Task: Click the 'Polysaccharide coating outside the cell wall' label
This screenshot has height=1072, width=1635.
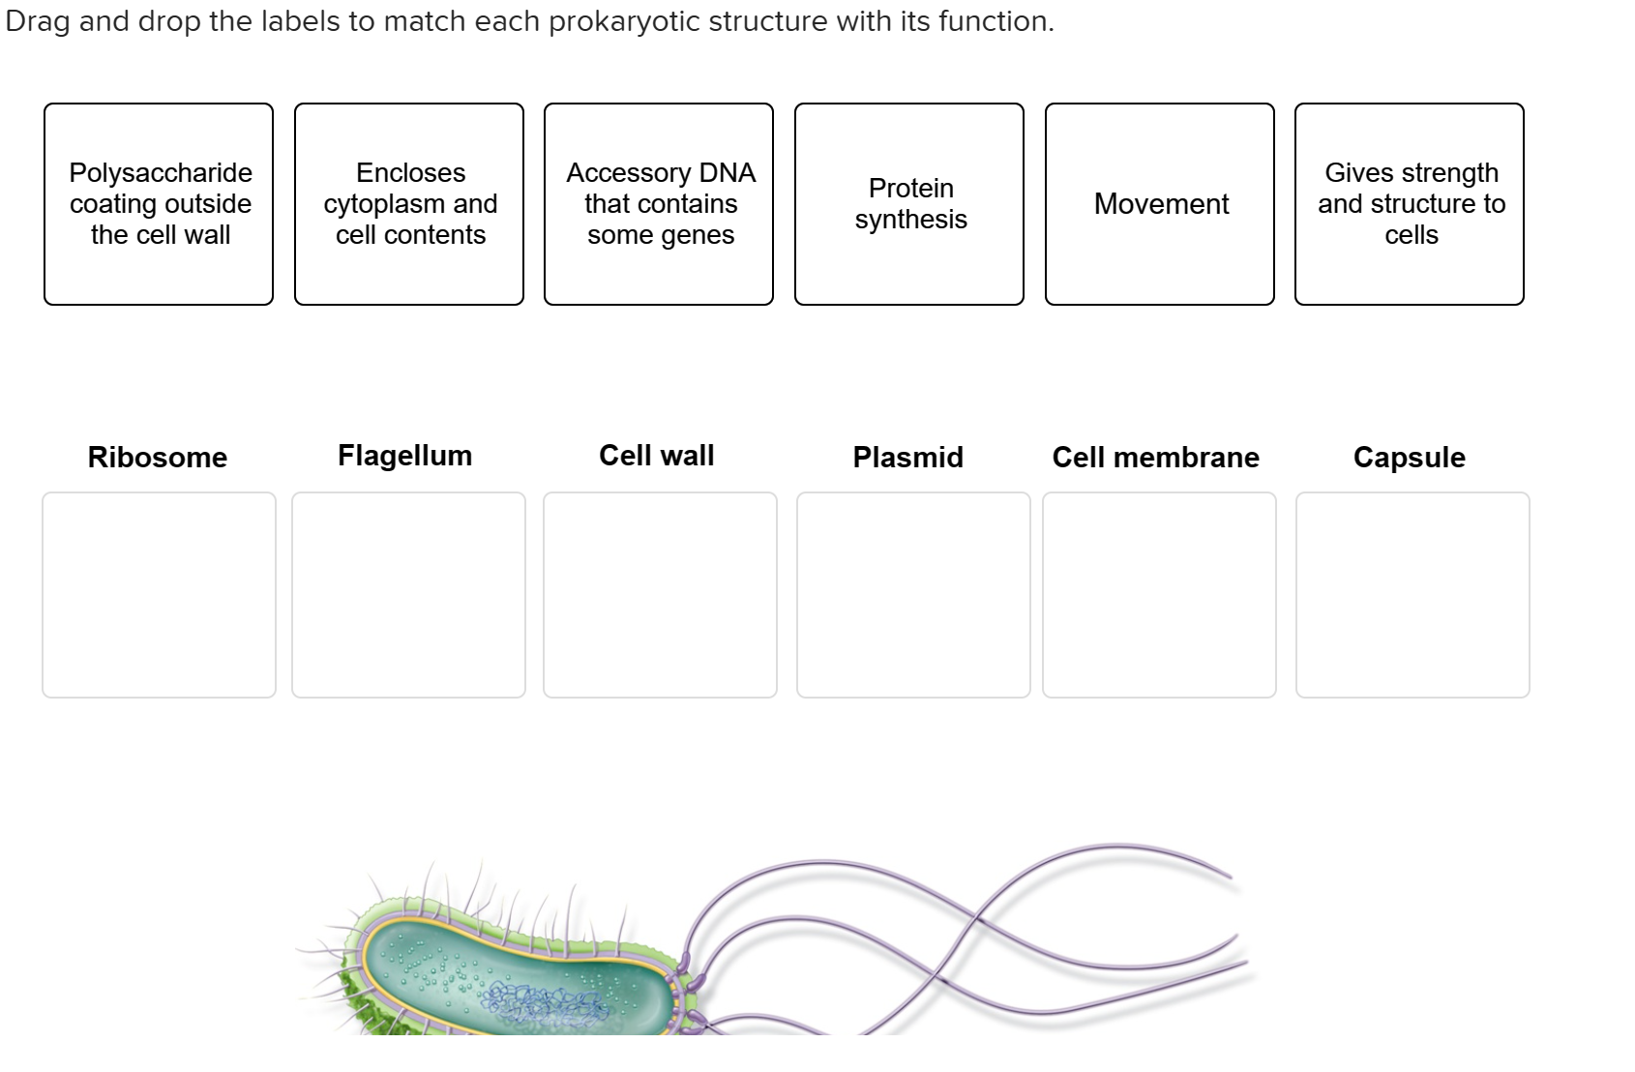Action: [x=159, y=204]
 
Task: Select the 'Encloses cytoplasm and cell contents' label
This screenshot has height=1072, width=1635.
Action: [x=409, y=204]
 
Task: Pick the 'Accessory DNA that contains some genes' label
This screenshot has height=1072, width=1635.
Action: [x=659, y=204]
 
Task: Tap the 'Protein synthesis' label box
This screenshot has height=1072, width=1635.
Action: [x=909, y=204]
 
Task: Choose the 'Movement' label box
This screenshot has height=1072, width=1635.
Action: [x=1160, y=204]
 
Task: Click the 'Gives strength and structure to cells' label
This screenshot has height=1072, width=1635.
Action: [x=1410, y=204]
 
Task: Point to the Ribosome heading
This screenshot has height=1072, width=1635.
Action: [x=158, y=458]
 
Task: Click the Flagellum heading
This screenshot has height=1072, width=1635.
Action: [x=404, y=456]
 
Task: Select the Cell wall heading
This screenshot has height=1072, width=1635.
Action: [x=656, y=456]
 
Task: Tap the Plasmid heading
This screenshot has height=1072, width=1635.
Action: [x=907, y=458]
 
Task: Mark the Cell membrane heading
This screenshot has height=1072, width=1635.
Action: [x=1155, y=458]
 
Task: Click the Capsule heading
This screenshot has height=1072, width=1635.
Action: [x=1409, y=458]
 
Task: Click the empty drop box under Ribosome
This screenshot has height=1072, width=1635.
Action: [x=159, y=595]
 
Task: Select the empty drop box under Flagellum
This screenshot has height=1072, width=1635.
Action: [x=408, y=595]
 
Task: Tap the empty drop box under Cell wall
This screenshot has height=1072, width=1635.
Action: [x=660, y=595]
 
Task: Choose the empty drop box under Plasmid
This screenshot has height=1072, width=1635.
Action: [x=913, y=595]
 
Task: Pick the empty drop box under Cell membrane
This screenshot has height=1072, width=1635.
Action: [x=1159, y=595]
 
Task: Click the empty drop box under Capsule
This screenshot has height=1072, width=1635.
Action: [x=1412, y=595]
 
